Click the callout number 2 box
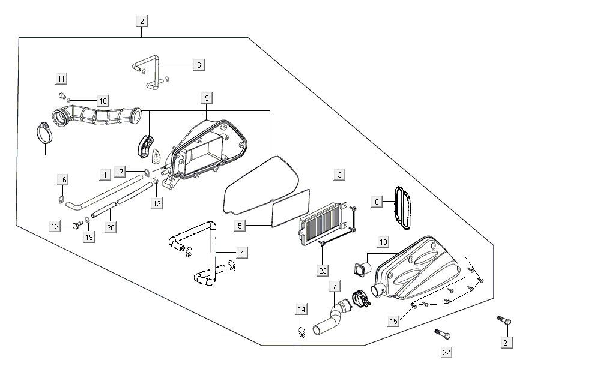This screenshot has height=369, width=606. tap(142, 22)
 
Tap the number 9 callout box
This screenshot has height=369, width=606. tap(207, 98)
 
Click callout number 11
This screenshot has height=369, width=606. tap(61, 79)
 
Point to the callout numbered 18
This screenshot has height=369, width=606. tap(103, 101)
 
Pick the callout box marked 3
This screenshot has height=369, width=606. tap(339, 175)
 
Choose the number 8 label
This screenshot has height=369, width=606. tap(377, 202)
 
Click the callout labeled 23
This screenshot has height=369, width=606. tap(323, 271)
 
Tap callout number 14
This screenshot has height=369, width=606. tap(301, 309)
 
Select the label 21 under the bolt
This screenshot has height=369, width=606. tap(507, 343)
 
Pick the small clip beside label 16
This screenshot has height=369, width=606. tap(61, 199)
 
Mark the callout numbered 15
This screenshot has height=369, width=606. tap(393, 322)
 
